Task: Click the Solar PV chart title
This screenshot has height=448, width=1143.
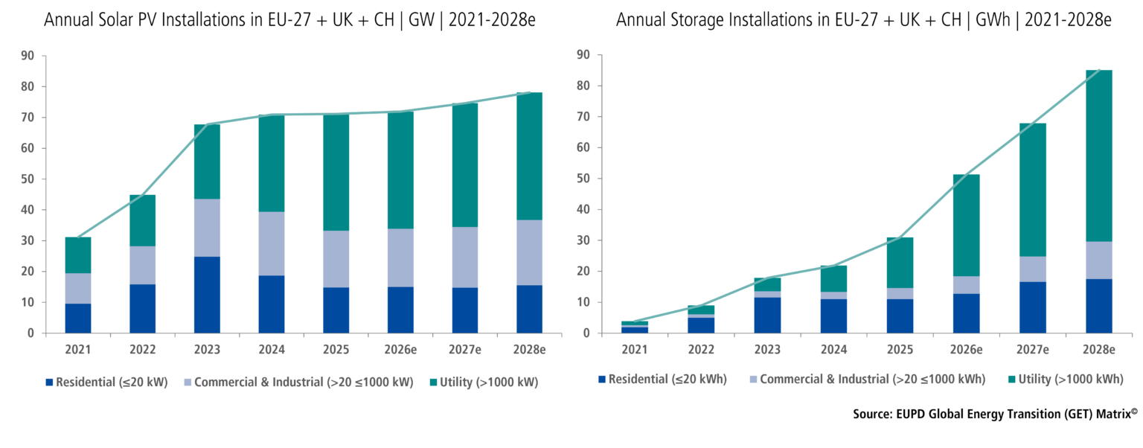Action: (289, 20)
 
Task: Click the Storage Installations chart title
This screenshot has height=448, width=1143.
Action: (863, 20)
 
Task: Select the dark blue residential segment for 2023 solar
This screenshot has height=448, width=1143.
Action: (207, 295)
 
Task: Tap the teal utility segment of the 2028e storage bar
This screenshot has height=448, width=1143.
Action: (1099, 156)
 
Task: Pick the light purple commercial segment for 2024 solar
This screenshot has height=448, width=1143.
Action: (272, 244)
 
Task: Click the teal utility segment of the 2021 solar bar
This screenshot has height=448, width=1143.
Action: (78, 255)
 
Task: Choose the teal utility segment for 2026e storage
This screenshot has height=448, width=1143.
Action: (967, 225)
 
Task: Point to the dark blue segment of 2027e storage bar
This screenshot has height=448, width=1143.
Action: (1033, 307)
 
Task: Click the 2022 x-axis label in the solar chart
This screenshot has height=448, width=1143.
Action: (142, 350)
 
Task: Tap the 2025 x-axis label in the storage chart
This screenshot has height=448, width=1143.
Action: (900, 350)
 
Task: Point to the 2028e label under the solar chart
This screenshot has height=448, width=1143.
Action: (529, 350)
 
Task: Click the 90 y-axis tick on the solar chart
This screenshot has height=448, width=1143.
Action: (28, 56)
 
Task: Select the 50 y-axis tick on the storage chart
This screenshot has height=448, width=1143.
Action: (583, 179)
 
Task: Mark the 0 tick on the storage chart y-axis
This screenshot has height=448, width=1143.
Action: (586, 333)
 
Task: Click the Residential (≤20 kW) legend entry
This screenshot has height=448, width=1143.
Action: (106, 383)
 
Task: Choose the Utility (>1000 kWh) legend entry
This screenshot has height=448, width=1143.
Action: (1066, 380)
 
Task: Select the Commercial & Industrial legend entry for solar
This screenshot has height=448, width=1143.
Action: (298, 383)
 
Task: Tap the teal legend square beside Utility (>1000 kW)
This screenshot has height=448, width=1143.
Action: (433, 383)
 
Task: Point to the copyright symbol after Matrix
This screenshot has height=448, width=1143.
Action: (1134, 411)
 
